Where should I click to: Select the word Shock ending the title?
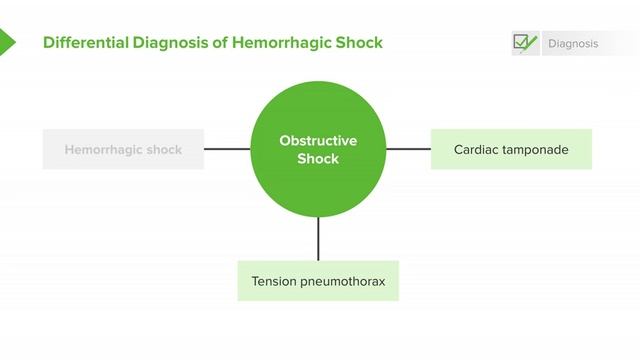[360, 43]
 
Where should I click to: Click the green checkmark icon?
[525, 42]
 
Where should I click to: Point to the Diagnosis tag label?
[573, 44]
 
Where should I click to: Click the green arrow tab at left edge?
[7, 42]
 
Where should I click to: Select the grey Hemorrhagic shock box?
[123, 150]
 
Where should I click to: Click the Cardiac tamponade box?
[511, 150]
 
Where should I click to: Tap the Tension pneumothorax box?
[318, 281]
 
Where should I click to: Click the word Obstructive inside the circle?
[318, 141]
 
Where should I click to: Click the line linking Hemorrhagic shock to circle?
[227, 150]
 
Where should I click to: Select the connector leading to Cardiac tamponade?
[408, 150]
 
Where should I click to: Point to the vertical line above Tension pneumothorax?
[318, 238]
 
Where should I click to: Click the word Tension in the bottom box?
[273, 281]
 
